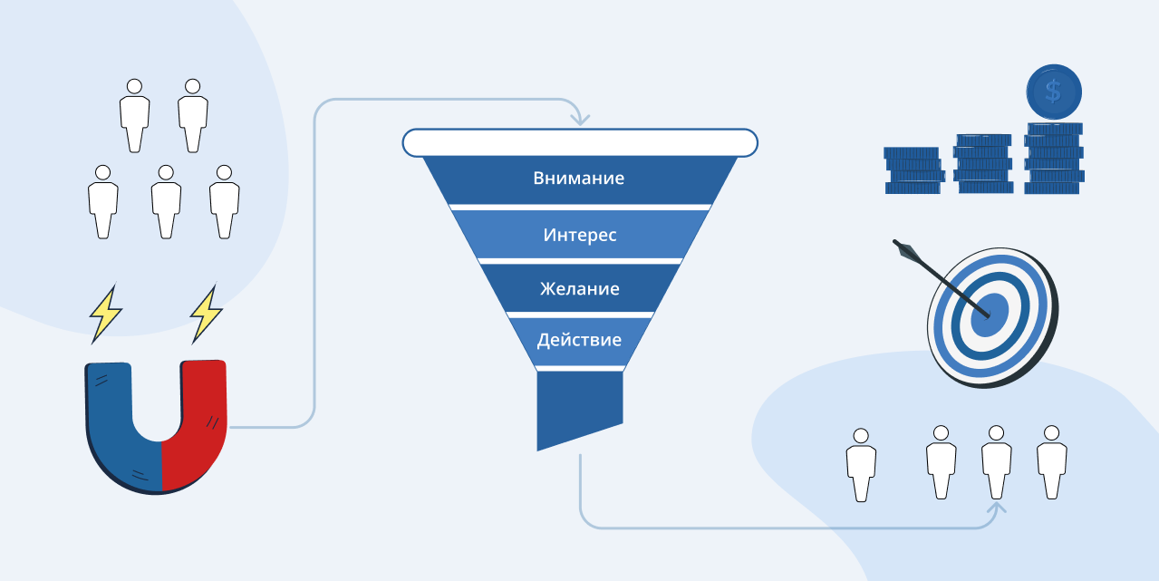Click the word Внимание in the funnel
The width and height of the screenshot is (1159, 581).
(x=578, y=178)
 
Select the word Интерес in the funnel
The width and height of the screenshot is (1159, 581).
(x=580, y=235)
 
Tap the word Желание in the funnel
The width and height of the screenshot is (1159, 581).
(x=580, y=288)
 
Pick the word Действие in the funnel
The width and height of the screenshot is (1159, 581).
(x=579, y=340)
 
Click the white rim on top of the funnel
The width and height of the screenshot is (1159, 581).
(x=580, y=142)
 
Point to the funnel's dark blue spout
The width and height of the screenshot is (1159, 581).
(x=580, y=409)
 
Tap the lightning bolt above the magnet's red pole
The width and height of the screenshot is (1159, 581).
(x=206, y=314)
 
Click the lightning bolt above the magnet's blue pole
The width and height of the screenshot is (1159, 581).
(x=105, y=314)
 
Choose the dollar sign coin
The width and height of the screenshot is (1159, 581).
(x=1054, y=92)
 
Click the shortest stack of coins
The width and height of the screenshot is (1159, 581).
(x=913, y=170)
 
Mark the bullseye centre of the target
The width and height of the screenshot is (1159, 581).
(x=990, y=315)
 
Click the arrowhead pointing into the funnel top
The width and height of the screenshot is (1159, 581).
(x=580, y=120)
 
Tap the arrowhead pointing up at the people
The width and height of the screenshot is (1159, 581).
(x=997, y=508)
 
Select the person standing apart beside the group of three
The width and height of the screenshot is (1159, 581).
(x=861, y=465)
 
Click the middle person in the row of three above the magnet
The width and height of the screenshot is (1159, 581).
(x=166, y=202)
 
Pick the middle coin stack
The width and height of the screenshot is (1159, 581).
(x=983, y=163)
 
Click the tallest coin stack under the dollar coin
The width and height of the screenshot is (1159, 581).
(x=1054, y=159)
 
